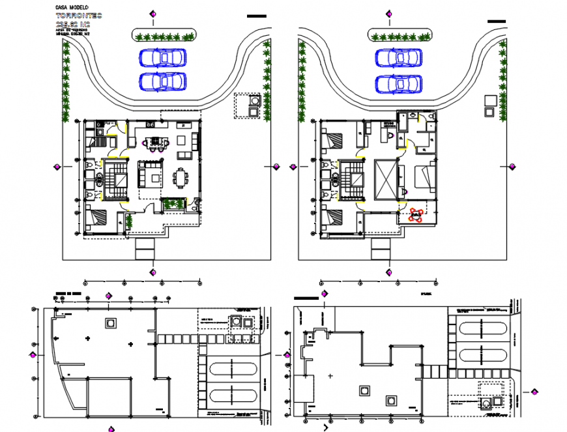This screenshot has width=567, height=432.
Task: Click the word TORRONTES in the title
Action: click(x=79, y=16)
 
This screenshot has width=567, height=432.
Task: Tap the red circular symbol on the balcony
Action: click(x=415, y=214)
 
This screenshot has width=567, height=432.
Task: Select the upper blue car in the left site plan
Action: click(x=162, y=58)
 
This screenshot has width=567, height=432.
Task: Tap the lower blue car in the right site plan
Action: click(x=398, y=83)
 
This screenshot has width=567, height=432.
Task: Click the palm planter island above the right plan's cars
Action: click(x=399, y=35)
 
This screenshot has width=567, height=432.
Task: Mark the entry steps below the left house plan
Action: click(x=145, y=249)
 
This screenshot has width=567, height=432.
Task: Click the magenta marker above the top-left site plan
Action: click(x=153, y=14)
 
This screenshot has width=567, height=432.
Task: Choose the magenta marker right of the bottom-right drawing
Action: click(x=535, y=391)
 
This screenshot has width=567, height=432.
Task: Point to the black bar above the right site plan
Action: click(x=496, y=22)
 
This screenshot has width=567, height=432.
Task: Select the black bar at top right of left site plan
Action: click(x=257, y=16)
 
